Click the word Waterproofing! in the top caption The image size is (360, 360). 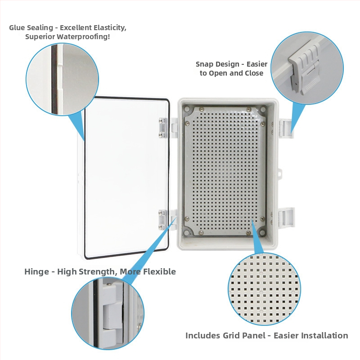coord(83,36)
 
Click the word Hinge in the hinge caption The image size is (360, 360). coord(37,272)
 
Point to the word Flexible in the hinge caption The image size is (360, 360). coord(160,272)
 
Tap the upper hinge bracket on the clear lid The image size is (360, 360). coord(162,128)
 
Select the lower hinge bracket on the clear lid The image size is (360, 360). coord(162,220)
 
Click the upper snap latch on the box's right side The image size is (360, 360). coord(286,129)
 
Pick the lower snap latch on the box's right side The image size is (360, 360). coord(286,217)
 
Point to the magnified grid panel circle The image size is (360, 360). coord(264,288)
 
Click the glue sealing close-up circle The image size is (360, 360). coord(62,79)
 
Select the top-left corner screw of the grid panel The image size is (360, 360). coord(188,123)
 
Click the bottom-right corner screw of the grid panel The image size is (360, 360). coord(262,219)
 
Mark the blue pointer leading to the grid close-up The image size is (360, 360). coord(258,237)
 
